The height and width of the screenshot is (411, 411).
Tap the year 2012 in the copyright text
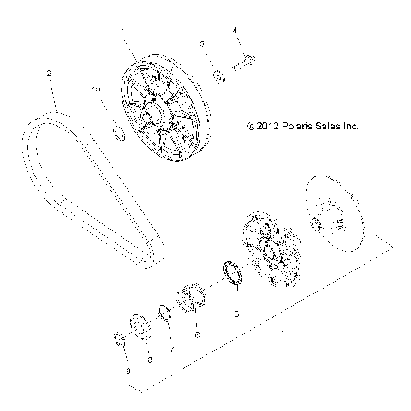click(263, 125)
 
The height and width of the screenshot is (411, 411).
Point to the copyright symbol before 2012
click(248, 126)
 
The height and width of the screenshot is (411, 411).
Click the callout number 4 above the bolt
click(235, 30)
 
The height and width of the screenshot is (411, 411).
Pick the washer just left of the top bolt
click(218, 78)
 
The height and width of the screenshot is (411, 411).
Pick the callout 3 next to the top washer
click(202, 45)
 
